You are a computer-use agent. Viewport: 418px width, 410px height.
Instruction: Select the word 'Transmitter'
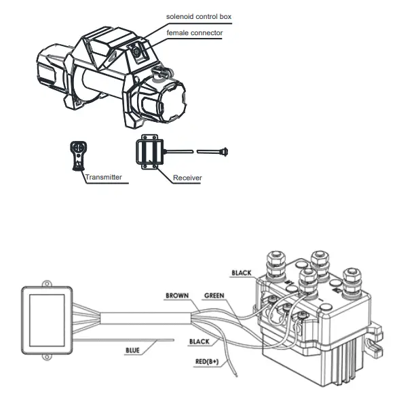click(102, 177)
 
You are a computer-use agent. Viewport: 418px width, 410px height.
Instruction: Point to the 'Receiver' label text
click(187, 178)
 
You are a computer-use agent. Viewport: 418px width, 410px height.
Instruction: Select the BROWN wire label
click(177, 296)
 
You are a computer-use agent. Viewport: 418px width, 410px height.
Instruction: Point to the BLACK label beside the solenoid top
click(241, 273)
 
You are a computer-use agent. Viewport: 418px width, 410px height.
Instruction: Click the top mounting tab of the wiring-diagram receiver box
click(46, 285)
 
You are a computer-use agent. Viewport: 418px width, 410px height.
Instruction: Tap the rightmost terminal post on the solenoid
click(352, 282)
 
